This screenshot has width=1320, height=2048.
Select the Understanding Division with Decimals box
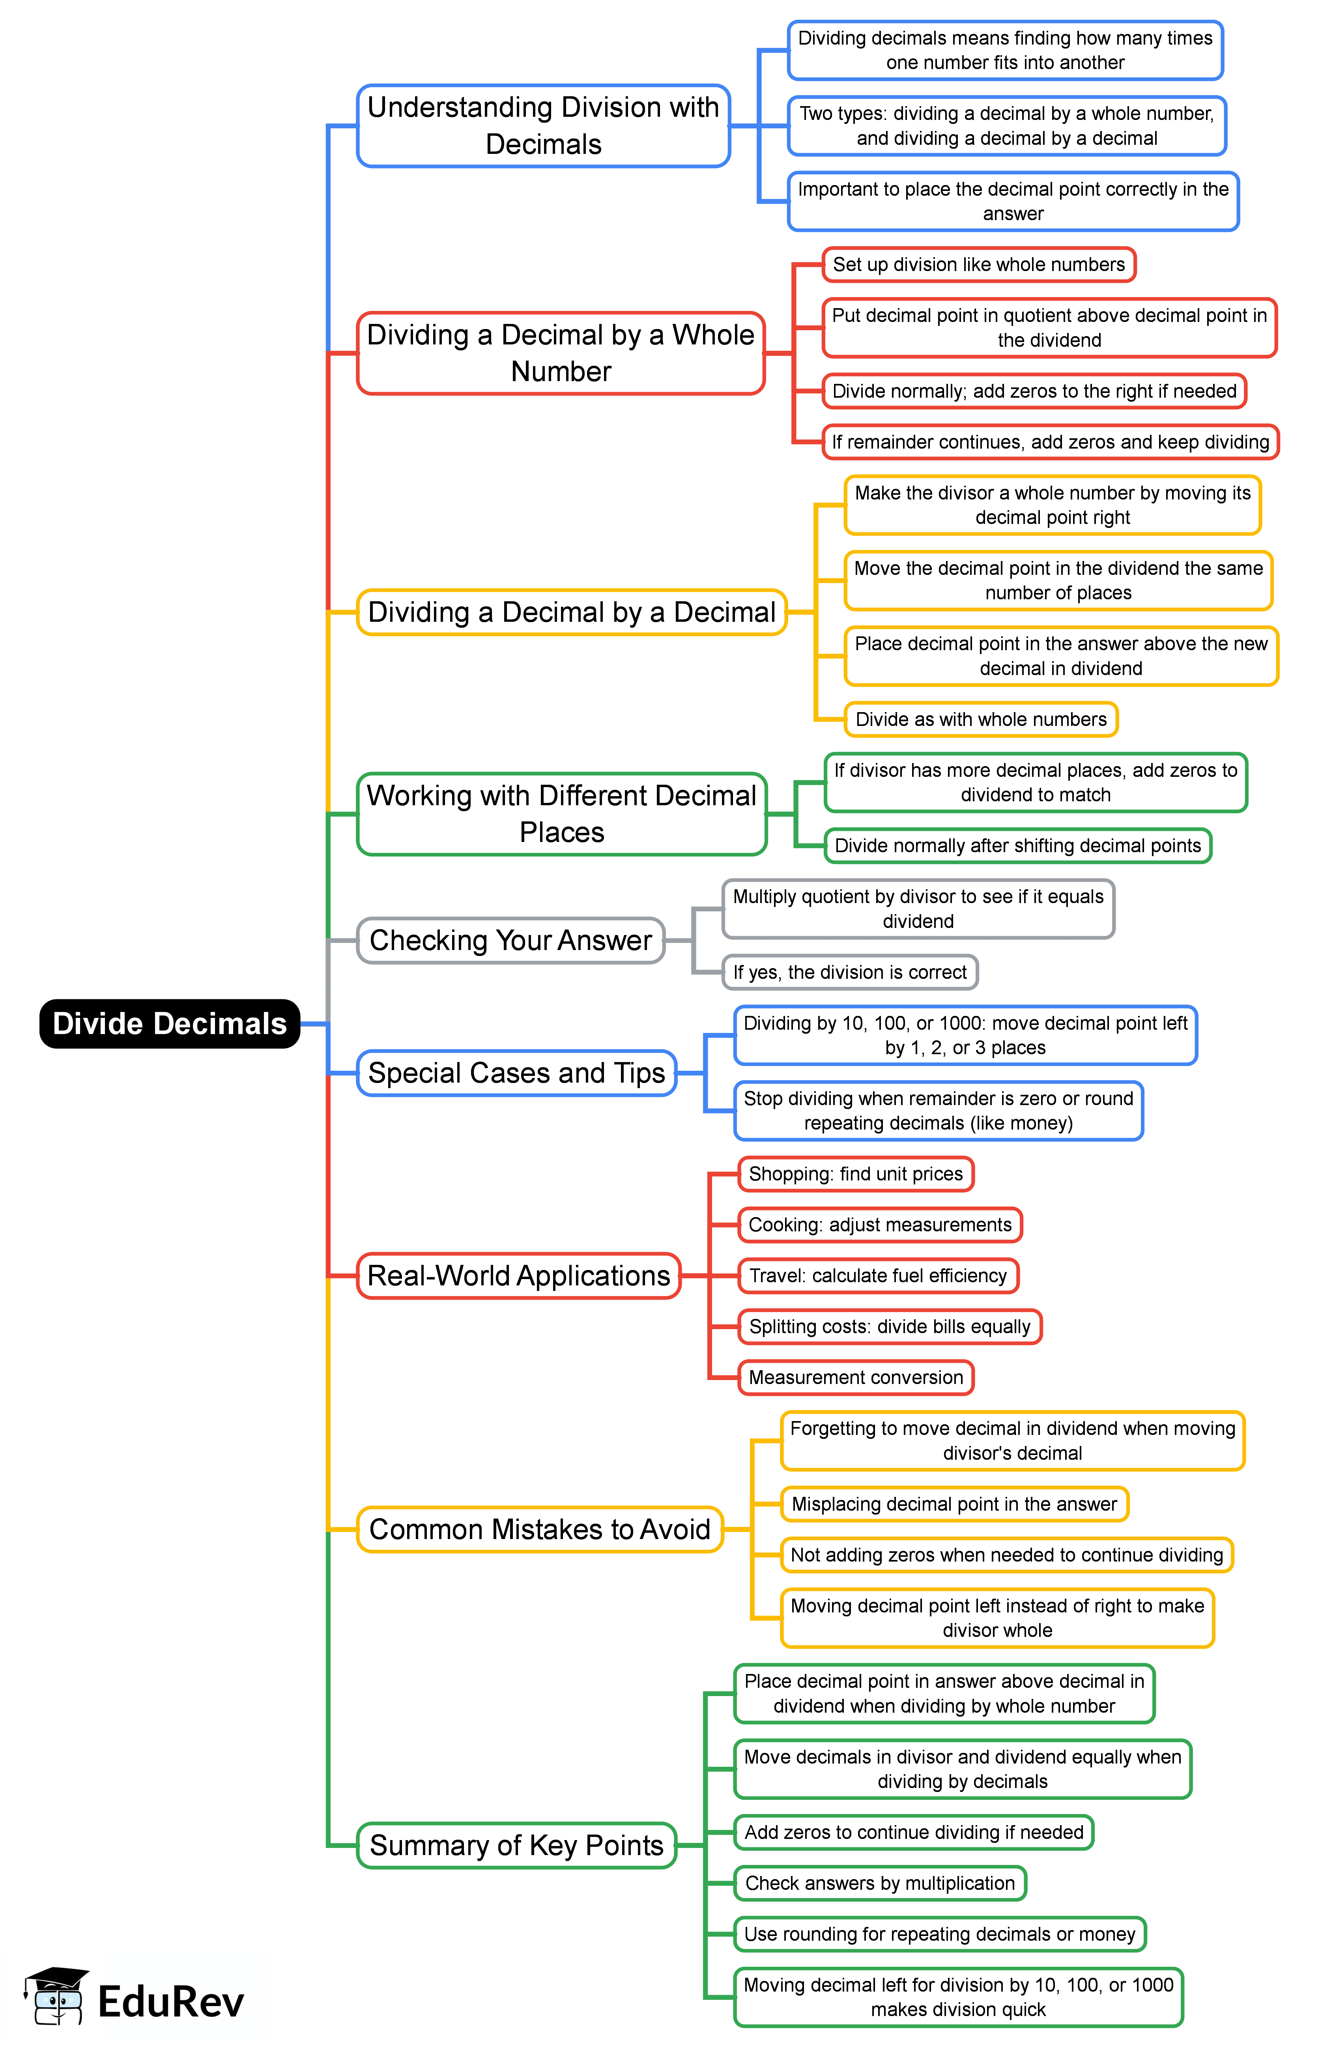point(544,126)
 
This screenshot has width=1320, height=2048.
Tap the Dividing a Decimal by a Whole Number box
point(561,353)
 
